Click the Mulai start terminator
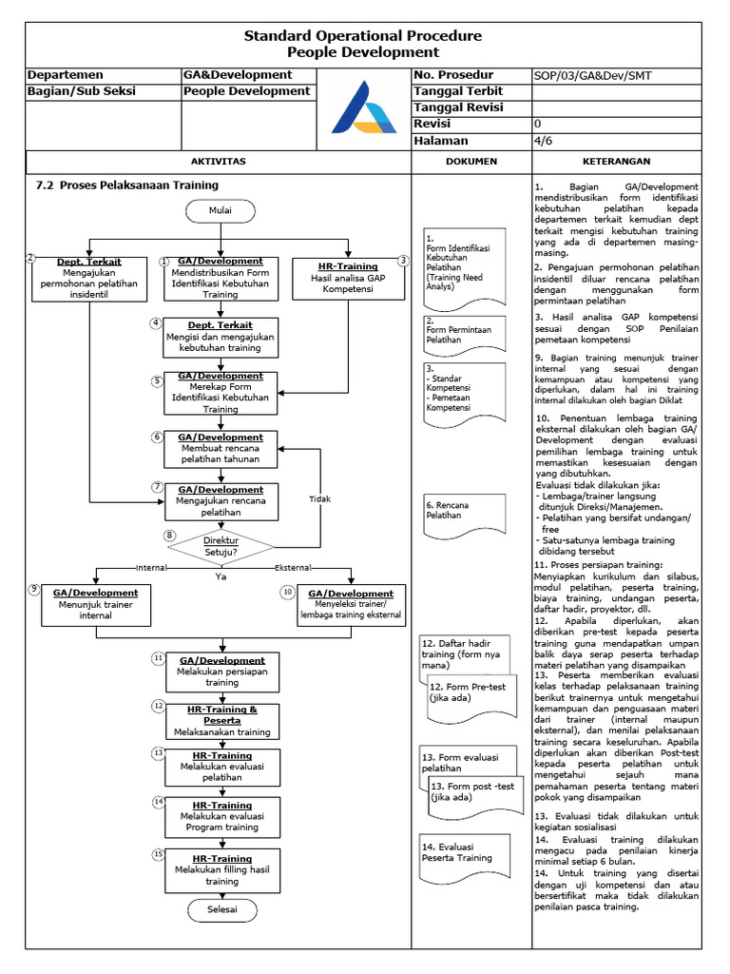click(x=221, y=209)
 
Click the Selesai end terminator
click(x=221, y=909)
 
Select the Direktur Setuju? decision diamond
click(x=221, y=544)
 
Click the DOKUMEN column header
click(x=471, y=162)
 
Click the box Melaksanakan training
click(x=221, y=721)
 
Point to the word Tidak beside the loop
click(x=320, y=498)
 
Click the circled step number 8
click(x=170, y=536)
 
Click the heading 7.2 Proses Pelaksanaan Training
click(x=126, y=185)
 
